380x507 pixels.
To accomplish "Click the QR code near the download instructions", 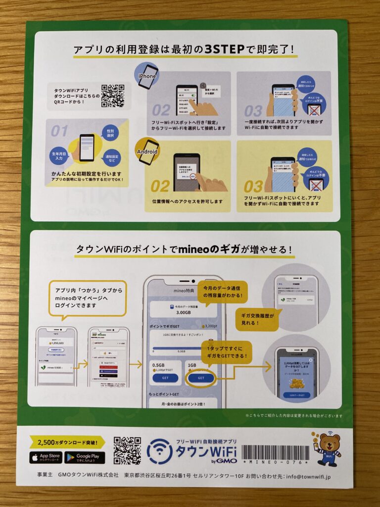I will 113,96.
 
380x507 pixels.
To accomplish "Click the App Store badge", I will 46,457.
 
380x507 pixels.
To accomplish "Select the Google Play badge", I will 87,457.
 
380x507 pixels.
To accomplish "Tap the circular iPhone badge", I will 147,76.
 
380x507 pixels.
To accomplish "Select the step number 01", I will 59,131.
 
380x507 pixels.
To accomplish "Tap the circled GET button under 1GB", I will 200,377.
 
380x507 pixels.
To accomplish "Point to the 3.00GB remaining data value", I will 183,312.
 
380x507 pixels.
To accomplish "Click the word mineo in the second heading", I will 197,249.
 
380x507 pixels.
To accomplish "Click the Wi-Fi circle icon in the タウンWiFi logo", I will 160,451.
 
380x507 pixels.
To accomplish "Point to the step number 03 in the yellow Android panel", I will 253,187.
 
